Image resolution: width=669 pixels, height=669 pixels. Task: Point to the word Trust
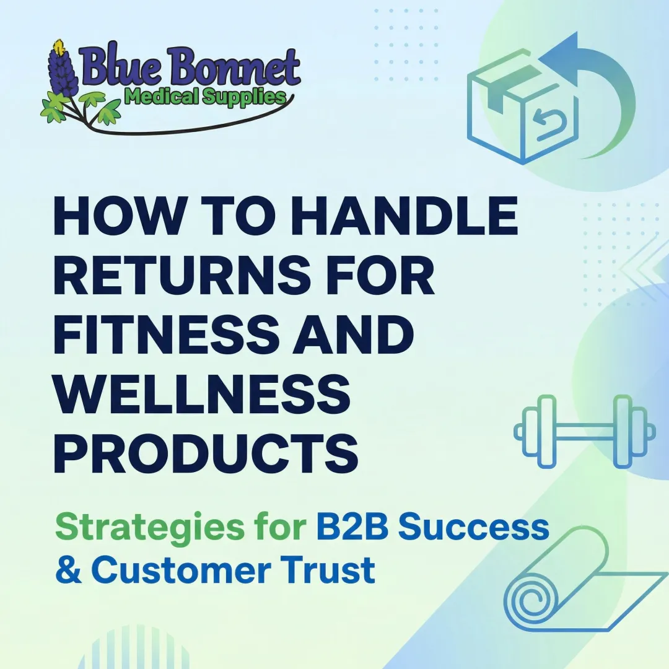coord(335,570)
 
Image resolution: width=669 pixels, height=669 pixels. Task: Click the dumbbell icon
coord(584,431)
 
